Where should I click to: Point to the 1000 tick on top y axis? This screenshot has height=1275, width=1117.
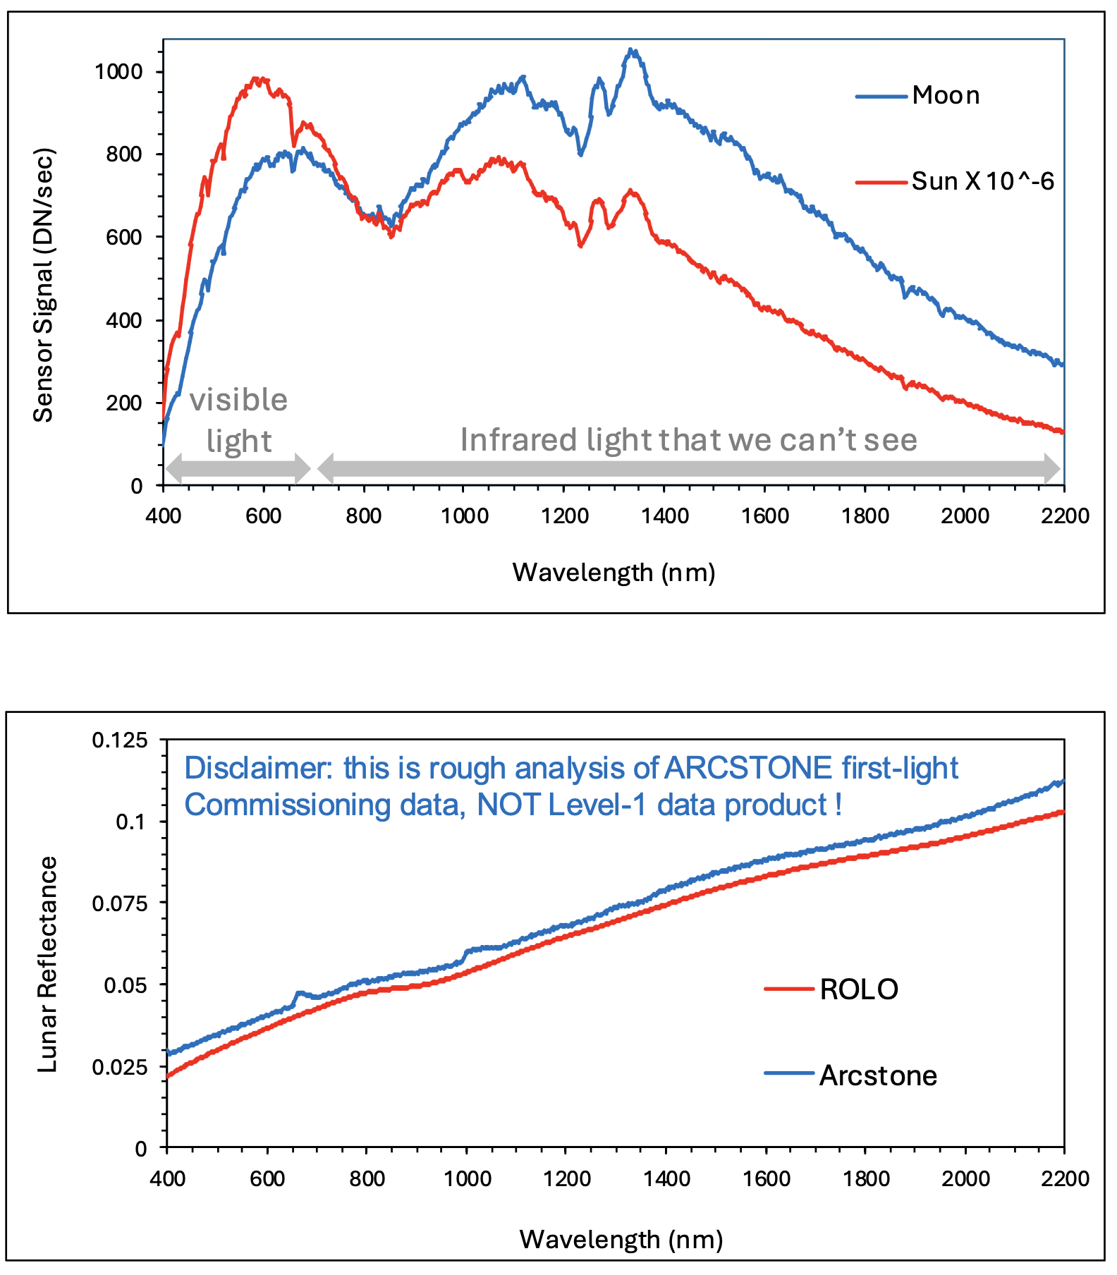118,71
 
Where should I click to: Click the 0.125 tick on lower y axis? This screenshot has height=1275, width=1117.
120,740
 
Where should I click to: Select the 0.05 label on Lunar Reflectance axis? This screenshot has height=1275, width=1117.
126,985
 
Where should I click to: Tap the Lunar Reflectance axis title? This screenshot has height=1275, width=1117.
47,965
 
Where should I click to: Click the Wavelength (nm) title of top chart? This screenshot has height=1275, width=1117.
614,572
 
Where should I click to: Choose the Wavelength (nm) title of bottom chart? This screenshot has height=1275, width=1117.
621,1239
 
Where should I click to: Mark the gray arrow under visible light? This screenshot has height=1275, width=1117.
238,468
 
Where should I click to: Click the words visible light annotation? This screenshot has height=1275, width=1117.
238,420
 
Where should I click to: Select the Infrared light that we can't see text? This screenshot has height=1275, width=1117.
688,440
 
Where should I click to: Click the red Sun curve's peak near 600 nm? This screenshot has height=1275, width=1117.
261,79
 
